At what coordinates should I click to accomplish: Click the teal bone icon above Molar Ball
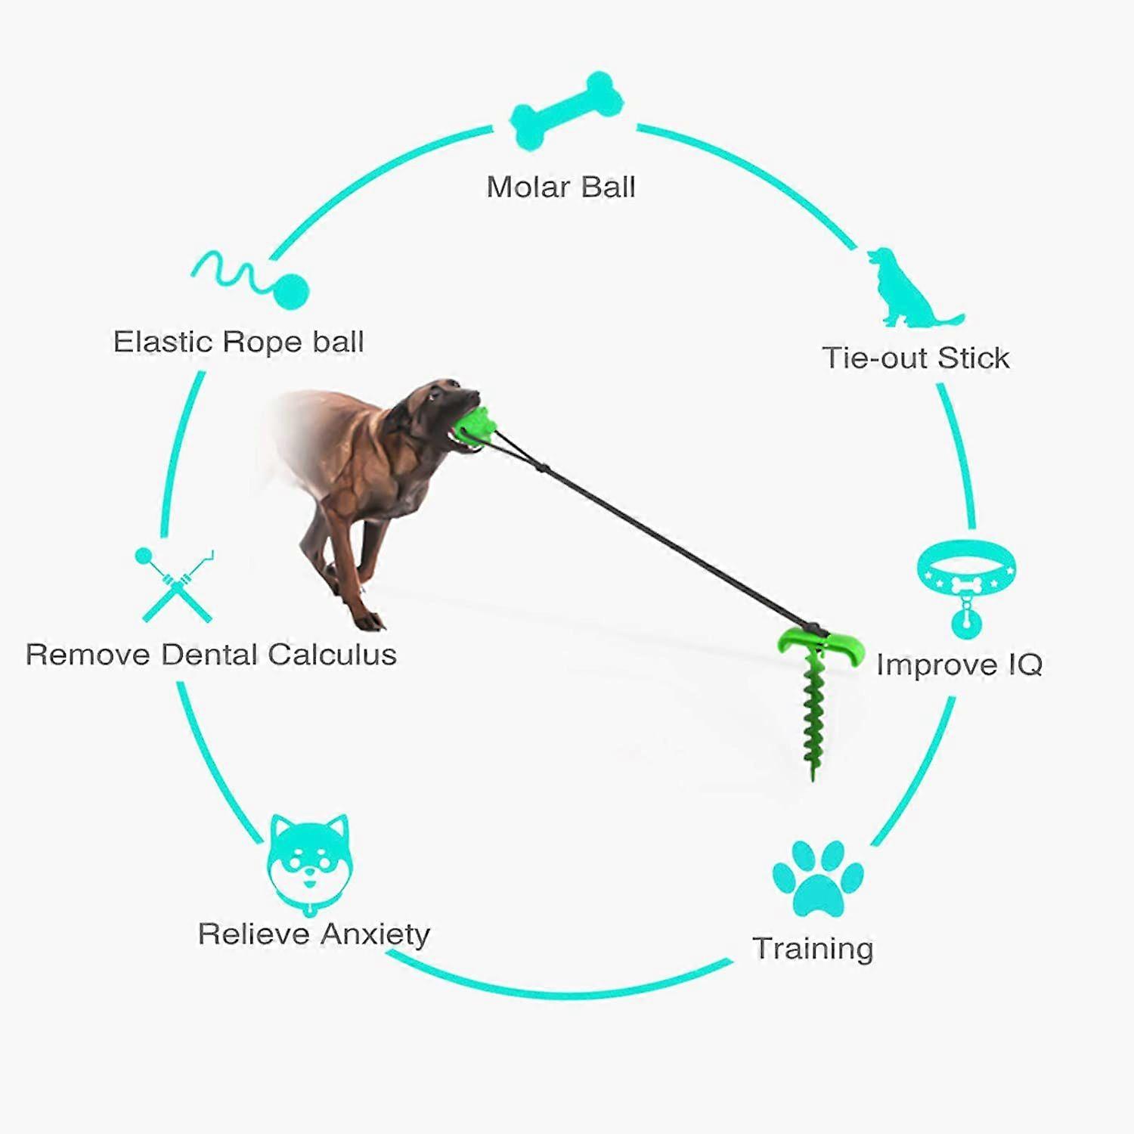567,110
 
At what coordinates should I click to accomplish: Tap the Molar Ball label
561,187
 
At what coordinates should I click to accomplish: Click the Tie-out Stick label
916,358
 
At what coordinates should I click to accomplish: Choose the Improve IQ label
959,665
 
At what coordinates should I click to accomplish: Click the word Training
813,948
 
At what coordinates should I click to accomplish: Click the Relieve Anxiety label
314,934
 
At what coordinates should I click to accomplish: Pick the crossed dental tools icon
175,584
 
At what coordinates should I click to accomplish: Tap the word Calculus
332,654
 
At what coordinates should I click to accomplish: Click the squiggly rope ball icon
250,279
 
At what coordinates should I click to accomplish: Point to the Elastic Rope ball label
239,342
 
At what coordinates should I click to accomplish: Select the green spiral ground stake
813,711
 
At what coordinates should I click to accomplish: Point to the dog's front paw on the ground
370,621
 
